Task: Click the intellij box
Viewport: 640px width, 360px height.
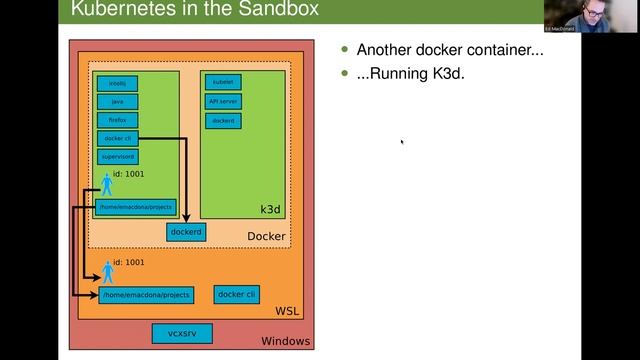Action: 118,83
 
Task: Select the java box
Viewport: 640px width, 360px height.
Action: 118,101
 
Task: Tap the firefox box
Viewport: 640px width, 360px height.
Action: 118,119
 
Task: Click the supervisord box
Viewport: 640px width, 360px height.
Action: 118,156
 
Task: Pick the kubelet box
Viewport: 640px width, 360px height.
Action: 223,83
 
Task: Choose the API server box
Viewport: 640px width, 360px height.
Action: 223,101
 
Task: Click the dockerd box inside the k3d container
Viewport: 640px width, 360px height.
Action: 223,120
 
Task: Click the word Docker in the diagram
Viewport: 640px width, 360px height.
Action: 266,237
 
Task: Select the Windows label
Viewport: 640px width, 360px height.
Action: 285,342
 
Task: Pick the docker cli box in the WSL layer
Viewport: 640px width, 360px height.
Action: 237,294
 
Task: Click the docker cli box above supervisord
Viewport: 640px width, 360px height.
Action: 118,138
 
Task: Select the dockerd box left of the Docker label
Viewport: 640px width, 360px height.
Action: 186,232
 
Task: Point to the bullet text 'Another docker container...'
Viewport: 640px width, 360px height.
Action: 450,50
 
